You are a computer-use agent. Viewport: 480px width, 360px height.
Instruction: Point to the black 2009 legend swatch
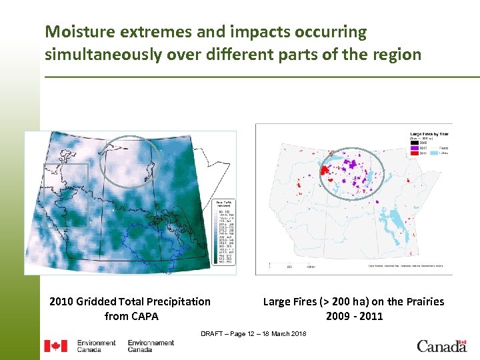click(x=415, y=142)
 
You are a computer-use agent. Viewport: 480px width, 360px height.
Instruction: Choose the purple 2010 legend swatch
click(x=415, y=147)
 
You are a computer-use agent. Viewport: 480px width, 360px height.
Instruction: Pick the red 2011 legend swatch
click(x=415, y=153)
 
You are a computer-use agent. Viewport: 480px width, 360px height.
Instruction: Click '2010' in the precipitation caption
click(x=61, y=301)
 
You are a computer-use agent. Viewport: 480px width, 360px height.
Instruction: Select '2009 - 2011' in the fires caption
click(x=354, y=316)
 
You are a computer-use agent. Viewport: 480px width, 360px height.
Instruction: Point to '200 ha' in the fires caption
click(x=351, y=301)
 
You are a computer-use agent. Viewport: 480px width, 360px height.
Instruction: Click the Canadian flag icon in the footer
click(x=55, y=346)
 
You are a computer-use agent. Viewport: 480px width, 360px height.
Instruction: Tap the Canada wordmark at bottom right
click(x=442, y=345)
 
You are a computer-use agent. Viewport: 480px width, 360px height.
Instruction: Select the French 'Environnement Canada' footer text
click(x=151, y=346)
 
